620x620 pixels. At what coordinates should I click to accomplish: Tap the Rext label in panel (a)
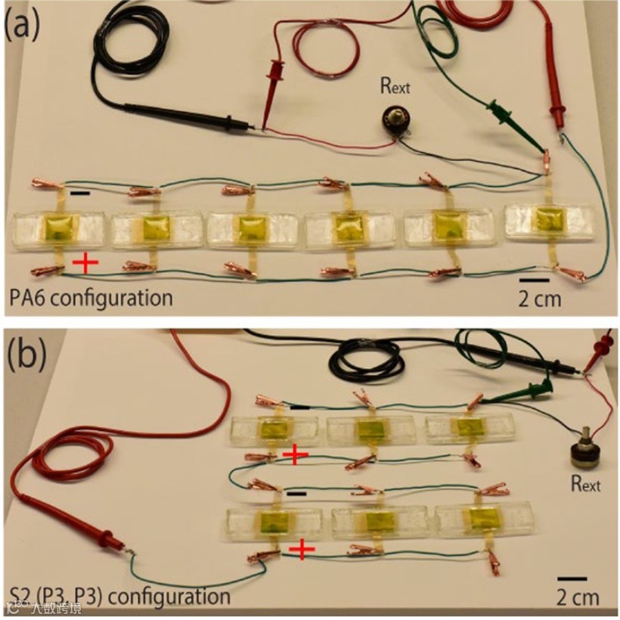[x=394, y=86]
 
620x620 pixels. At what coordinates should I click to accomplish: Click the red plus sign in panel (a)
[x=85, y=262]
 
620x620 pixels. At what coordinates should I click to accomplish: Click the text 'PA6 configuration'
[x=91, y=297]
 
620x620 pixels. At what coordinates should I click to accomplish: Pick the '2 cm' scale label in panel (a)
[x=540, y=297]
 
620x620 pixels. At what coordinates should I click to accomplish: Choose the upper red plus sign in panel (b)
[x=295, y=454]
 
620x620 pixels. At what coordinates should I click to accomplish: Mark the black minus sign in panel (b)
[x=297, y=492]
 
